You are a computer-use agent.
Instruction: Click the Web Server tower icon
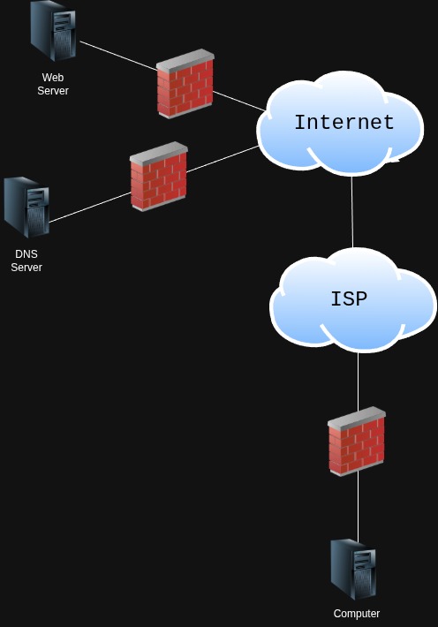(52, 31)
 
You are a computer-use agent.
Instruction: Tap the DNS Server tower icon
(26, 208)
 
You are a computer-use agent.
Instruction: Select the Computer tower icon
(353, 570)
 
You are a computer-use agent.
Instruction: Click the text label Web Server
(53, 84)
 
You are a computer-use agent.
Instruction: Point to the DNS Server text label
(26, 261)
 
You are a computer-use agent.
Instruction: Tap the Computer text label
(357, 614)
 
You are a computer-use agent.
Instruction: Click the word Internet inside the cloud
(344, 123)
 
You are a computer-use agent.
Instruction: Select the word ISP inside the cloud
(348, 299)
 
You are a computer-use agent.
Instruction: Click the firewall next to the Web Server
(185, 84)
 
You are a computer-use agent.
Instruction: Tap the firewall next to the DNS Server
(159, 176)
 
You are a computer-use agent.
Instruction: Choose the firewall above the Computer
(357, 441)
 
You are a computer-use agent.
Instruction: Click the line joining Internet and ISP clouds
(352, 212)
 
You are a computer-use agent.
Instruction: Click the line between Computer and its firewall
(358, 508)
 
